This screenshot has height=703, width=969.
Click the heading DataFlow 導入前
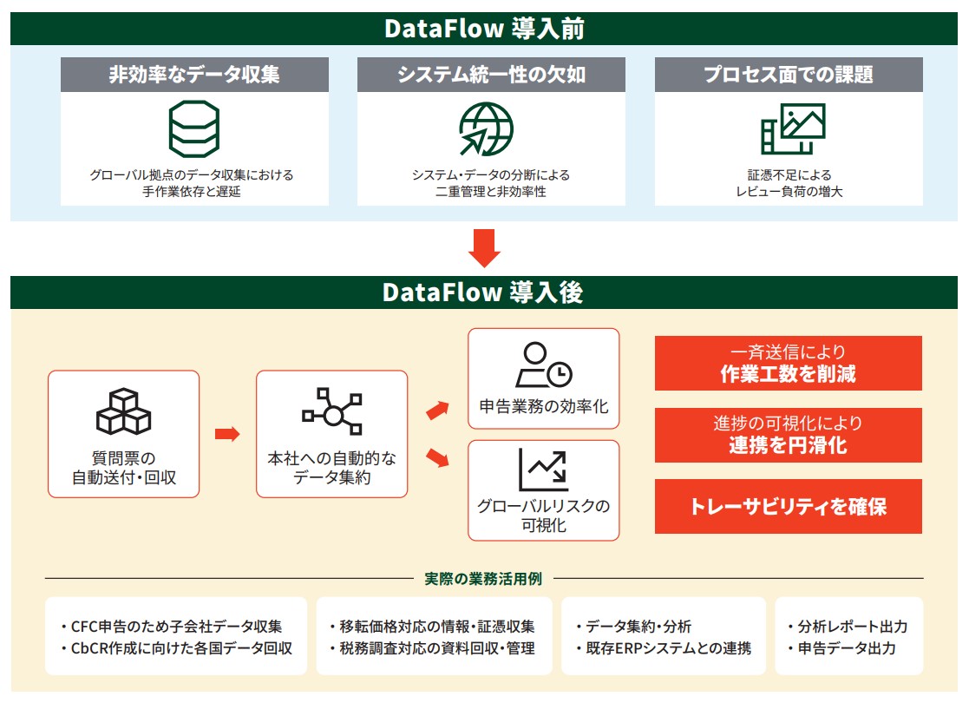click(484, 29)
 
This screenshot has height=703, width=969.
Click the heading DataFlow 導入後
click(484, 292)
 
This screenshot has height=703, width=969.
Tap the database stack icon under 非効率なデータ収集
click(193, 128)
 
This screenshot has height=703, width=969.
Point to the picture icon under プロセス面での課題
click(792, 128)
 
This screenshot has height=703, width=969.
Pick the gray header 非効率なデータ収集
click(194, 75)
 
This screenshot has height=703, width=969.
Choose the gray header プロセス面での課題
click(788, 75)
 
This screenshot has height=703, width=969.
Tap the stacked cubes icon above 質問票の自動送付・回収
click(123, 411)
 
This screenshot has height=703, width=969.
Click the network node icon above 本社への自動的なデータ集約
click(331, 411)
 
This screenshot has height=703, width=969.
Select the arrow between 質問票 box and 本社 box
click(226, 434)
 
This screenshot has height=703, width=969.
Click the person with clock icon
click(544, 365)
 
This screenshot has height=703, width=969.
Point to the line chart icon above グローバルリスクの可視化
click(544, 470)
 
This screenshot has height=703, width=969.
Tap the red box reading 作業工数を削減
click(788, 364)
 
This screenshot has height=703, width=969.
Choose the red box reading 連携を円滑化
click(788, 435)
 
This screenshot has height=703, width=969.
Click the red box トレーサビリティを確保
click(788, 506)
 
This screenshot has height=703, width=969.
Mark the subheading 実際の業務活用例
click(484, 579)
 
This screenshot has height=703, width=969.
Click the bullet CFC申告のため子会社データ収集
click(177, 627)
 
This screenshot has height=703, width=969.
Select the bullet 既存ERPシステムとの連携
click(663, 648)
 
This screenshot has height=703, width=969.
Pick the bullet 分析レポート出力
click(847, 627)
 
